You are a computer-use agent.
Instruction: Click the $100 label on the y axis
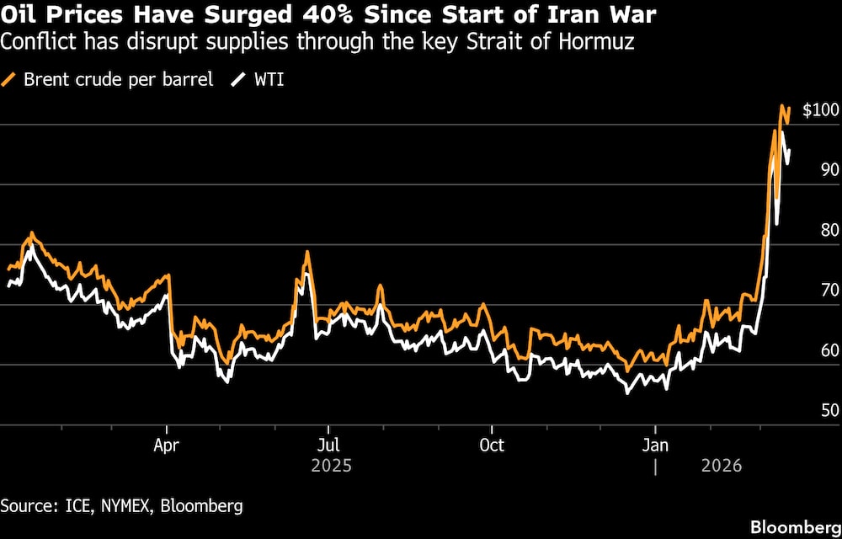pyautogui.click(x=820, y=110)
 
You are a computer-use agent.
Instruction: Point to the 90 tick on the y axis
pyautogui.click(x=829, y=170)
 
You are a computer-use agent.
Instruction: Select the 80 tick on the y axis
pyautogui.click(x=829, y=230)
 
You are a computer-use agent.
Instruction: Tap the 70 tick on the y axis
pyautogui.click(x=829, y=290)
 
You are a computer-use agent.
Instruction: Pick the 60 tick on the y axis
pyautogui.click(x=829, y=350)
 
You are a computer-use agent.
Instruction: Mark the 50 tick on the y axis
pyautogui.click(x=829, y=410)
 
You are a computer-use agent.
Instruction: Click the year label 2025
pyautogui.click(x=329, y=465)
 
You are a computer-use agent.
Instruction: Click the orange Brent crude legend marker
pyautogui.click(x=10, y=80)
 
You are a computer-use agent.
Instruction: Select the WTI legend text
pyautogui.click(x=268, y=80)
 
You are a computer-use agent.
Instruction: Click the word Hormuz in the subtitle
pyautogui.click(x=603, y=41)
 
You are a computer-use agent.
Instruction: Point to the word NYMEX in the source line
pyautogui.click(x=121, y=505)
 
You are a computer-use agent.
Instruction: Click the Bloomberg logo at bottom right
pyautogui.click(x=792, y=526)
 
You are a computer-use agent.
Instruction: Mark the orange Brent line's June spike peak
pyautogui.click(x=307, y=252)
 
